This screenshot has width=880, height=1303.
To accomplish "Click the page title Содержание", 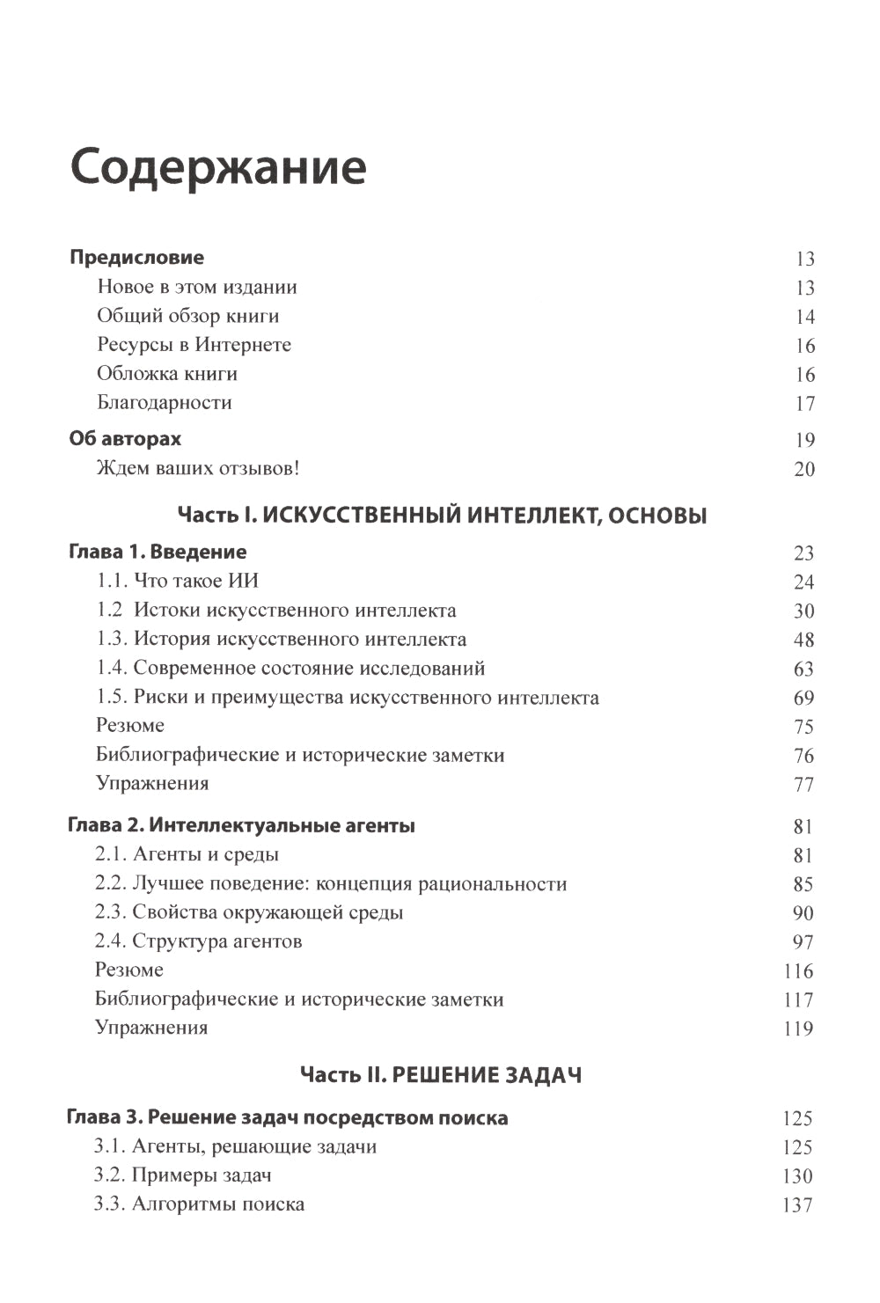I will tap(218, 167).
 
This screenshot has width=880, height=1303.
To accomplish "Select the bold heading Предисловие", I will tap(136, 258).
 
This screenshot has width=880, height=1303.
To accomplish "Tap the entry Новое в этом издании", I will tap(197, 287).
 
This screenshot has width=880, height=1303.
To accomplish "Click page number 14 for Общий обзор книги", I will tap(804, 317).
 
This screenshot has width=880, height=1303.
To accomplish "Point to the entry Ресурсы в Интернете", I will tap(194, 345).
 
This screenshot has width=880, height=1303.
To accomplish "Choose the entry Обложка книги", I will tap(167, 374).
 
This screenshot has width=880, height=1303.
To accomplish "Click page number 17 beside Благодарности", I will tap(804, 404).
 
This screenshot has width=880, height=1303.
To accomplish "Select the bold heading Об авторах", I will tap(125, 438).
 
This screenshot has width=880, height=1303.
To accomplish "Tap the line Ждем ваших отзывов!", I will tap(198, 468).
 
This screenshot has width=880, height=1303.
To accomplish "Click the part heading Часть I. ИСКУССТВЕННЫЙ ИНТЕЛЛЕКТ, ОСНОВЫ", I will tap(442, 516).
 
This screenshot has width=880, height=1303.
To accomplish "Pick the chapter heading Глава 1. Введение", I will tap(158, 552).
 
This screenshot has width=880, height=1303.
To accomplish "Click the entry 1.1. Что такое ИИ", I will tap(177, 581).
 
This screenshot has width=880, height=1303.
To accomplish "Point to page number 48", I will tap(803, 640).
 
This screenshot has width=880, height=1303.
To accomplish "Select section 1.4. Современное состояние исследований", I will tap(290, 668).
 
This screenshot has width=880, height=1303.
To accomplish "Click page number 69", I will tap(803, 698).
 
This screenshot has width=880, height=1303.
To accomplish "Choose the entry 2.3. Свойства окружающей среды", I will tap(249, 912).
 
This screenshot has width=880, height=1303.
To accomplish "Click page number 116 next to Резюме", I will tap(798, 971).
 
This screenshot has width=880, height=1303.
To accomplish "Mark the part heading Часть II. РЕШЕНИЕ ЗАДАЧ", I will tap(441, 1074).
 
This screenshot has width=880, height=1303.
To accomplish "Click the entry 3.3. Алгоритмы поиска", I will tap(199, 1204).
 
